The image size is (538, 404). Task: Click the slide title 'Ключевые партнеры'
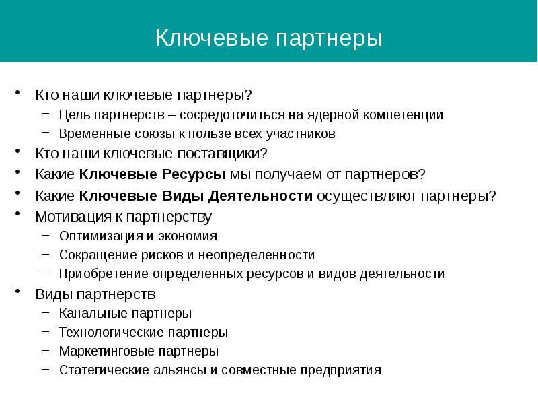tap(269, 37)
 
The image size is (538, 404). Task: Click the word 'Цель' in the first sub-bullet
tap(71, 114)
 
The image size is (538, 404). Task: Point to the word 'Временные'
tap(89, 133)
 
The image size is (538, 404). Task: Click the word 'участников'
tap(304, 133)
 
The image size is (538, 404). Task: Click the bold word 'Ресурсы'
tap(196, 174)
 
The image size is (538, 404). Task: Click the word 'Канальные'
tap(88, 313)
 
